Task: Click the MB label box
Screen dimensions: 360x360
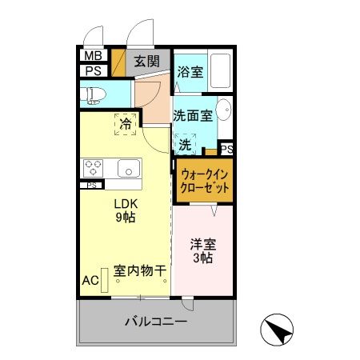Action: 92,57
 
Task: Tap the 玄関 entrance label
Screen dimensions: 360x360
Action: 146,62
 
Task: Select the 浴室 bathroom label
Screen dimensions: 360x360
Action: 190,71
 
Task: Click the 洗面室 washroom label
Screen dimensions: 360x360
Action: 193,115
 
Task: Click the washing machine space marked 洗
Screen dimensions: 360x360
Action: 185,145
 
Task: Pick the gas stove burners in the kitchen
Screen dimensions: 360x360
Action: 93,168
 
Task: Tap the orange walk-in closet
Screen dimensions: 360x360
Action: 205,180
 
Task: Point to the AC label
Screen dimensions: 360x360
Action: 90,281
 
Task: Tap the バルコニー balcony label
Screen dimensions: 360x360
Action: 155,322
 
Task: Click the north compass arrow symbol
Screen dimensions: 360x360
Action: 276,328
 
